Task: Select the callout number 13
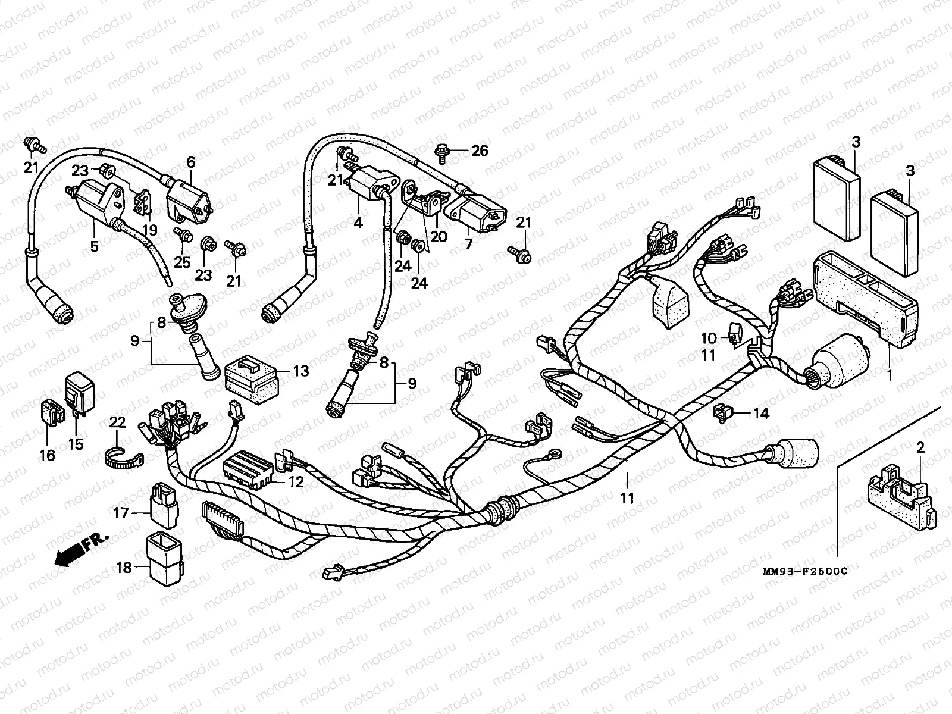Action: [x=301, y=371]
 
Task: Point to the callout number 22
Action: [x=118, y=422]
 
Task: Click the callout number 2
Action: [x=920, y=448]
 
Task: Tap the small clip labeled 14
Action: [x=722, y=412]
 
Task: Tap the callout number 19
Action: [x=149, y=230]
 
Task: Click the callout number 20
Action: [x=439, y=236]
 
